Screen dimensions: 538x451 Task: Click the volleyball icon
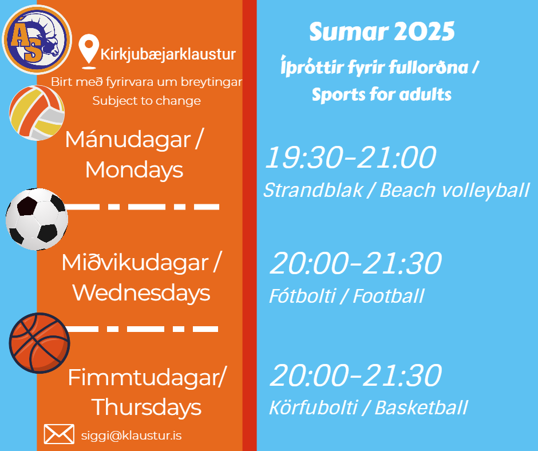coord(37,113)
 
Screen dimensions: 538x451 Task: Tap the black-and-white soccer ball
coord(37,219)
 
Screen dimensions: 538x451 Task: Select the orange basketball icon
coord(39,343)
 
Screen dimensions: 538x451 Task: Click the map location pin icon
coord(89,52)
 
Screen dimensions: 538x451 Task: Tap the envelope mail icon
coord(59,434)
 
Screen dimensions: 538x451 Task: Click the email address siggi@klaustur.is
coord(132,436)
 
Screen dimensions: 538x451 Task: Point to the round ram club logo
coord(37,39)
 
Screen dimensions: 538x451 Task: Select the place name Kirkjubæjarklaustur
coord(168,54)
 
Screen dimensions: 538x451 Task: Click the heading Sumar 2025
coord(382,31)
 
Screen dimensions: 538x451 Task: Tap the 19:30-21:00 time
coord(351,157)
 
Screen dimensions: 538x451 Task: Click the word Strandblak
coord(313,190)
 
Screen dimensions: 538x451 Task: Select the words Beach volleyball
coord(454,191)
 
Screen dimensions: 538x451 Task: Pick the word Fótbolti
coord(302,296)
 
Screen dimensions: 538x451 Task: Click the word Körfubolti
coord(313,408)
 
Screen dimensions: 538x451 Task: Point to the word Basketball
coord(421,408)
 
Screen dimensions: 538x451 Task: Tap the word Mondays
coord(134,170)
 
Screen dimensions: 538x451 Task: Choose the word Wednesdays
coord(141,293)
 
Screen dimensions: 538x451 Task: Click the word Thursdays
coord(147,408)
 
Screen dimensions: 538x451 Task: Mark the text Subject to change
coord(147,101)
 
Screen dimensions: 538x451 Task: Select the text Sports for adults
coord(382,94)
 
